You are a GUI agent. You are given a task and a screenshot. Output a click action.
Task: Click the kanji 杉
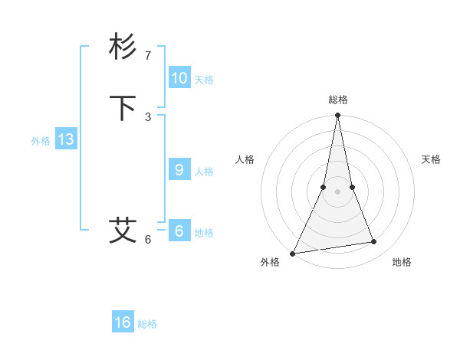click(123, 47)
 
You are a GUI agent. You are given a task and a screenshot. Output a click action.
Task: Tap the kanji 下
click(123, 109)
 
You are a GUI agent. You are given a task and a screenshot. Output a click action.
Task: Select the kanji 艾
click(123, 231)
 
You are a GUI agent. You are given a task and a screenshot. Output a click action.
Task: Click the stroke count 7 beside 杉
click(148, 56)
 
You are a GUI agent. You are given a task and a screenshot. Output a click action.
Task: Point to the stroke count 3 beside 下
click(148, 116)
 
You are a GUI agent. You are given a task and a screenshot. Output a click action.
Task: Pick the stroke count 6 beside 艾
click(148, 240)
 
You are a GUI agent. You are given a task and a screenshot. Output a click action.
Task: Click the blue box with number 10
click(179, 78)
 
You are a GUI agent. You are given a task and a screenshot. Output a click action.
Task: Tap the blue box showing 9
click(179, 170)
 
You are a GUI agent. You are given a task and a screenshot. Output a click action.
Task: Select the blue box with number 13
click(65, 139)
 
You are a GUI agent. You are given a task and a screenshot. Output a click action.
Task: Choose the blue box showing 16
click(123, 322)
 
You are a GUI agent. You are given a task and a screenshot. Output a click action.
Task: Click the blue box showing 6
click(179, 231)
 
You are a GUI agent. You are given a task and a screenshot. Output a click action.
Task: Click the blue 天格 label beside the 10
click(204, 80)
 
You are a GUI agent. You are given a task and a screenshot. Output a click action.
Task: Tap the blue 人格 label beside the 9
click(204, 172)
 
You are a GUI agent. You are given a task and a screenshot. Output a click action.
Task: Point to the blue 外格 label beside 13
click(41, 141)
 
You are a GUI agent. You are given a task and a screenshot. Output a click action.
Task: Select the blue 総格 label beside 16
click(147, 324)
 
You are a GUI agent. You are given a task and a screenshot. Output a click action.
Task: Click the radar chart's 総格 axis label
click(338, 100)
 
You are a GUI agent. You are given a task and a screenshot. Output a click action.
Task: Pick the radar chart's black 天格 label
click(432, 159)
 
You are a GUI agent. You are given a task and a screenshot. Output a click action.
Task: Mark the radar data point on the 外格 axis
click(293, 253)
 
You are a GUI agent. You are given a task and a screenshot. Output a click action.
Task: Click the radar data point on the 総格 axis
click(338, 116)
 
